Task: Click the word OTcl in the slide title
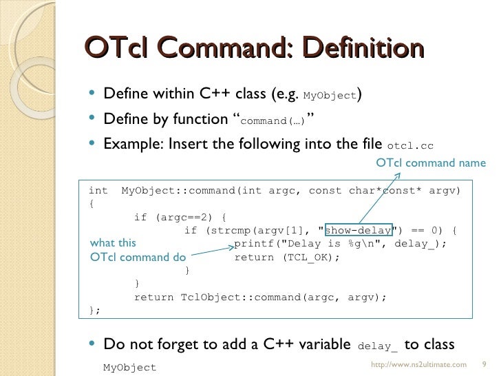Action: tap(116, 50)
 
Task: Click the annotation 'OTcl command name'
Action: tap(430, 163)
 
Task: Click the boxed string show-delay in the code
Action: tap(358, 230)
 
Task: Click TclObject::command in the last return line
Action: tap(227, 297)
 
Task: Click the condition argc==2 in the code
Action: tap(182, 217)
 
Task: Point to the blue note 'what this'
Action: tap(113, 243)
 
